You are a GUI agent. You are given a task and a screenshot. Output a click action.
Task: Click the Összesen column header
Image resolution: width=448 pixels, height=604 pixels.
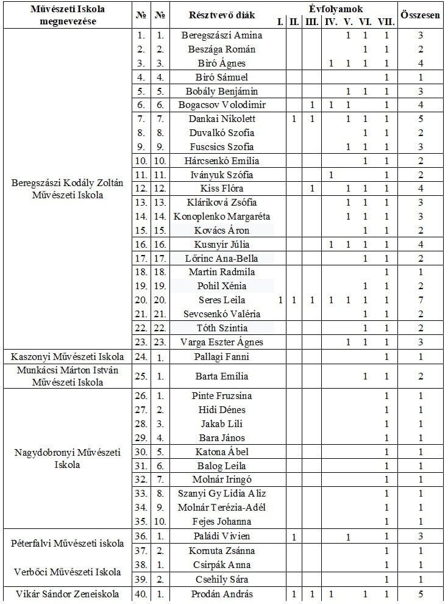tap(421, 15)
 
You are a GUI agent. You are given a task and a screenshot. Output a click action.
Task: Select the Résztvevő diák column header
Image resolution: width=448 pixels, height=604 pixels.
tap(222, 15)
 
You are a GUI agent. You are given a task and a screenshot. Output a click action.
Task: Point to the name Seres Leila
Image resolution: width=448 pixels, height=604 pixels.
tap(222, 300)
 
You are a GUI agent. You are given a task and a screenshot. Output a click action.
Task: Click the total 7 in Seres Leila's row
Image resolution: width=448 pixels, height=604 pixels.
tap(421, 300)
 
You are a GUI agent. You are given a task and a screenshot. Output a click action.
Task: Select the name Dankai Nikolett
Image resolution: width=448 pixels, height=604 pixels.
tap(222, 119)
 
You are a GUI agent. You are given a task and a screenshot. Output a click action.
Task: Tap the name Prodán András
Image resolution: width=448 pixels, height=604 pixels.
tap(222, 594)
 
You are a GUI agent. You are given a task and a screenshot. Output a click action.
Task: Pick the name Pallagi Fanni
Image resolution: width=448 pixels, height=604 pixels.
tap(222, 357)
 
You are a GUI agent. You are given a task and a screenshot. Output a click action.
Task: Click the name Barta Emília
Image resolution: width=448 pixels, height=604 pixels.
tap(222, 376)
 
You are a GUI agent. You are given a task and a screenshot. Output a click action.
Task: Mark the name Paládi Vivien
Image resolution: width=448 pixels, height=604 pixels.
tap(222, 537)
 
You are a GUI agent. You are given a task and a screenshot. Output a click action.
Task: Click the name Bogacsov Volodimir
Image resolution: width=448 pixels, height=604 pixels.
tap(222, 105)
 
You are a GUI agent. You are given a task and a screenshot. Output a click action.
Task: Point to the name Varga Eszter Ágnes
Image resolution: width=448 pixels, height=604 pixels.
tap(222, 342)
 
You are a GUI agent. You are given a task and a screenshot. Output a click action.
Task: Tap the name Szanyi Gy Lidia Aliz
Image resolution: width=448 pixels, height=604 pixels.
tap(222, 494)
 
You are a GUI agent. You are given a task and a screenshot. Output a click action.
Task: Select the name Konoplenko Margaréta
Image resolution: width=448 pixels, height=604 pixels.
tap(222, 217)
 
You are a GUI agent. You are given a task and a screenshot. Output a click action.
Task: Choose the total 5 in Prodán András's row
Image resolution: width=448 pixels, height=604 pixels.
tap(421, 594)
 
